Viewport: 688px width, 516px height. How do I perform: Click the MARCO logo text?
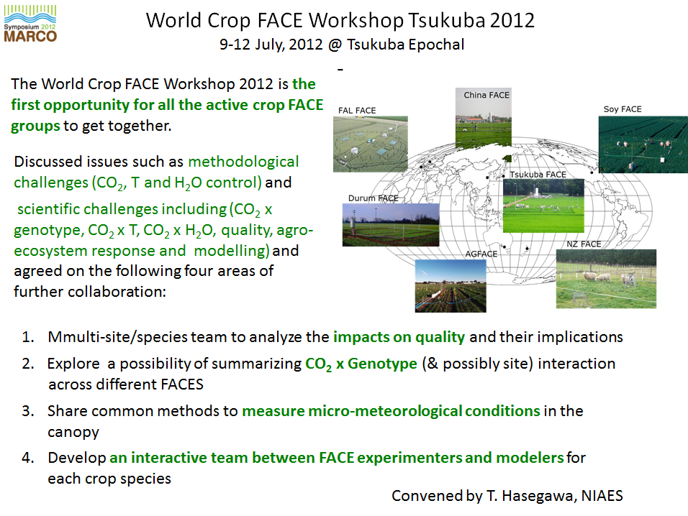pyautogui.click(x=30, y=36)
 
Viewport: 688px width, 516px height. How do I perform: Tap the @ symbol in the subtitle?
pyautogui.click(x=335, y=45)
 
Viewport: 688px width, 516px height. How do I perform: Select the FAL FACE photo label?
pyautogui.click(x=357, y=111)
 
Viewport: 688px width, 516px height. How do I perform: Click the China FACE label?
pyautogui.click(x=486, y=95)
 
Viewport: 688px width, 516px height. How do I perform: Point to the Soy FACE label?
pyautogui.click(x=623, y=109)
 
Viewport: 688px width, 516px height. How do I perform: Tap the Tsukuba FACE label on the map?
pyautogui.click(x=538, y=175)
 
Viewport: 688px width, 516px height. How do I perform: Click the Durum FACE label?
pyautogui.click(x=373, y=198)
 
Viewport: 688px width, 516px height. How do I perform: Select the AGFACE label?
pyautogui.click(x=481, y=254)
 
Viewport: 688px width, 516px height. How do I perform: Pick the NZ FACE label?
pyautogui.click(x=584, y=244)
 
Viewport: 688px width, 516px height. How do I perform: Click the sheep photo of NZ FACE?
pyautogui.click(x=606, y=279)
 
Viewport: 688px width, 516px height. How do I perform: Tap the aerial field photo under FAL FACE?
pyautogui.click(x=371, y=144)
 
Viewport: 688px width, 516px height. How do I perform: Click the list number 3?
pyautogui.click(x=28, y=411)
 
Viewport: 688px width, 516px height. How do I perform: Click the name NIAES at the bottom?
pyautogui.click(x=602, y=496)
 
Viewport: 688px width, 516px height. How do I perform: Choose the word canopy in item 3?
pyautogui.click(x=73, y=433)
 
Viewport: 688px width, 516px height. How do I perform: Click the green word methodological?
pyautogui.click(x=243, y=162)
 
